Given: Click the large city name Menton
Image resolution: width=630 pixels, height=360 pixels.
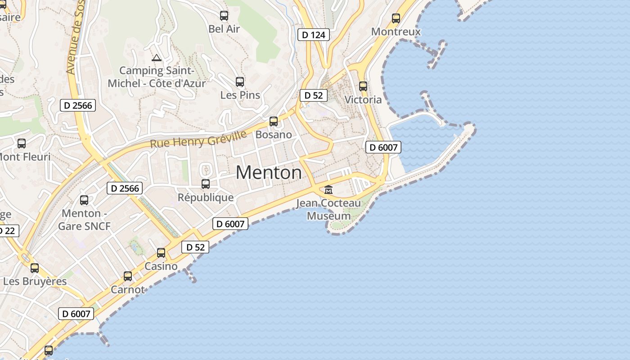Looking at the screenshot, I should coord(269,172).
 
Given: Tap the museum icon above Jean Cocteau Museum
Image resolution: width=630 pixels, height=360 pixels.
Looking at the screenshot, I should coord(328,189).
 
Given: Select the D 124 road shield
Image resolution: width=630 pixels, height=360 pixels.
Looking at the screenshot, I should coord(314,35).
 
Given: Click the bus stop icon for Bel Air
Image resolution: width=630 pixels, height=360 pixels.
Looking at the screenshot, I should coord(224,16).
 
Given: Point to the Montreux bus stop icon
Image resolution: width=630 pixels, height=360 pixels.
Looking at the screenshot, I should coord(396,18).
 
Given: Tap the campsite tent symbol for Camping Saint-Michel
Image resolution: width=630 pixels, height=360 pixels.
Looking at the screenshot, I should coord(157,58).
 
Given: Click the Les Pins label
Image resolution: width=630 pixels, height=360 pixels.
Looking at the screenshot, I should coord(240,95).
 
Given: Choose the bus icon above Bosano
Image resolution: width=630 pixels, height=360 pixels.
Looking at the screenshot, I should coord(274,121).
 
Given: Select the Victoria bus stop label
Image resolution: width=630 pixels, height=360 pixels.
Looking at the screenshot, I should coord(363,99).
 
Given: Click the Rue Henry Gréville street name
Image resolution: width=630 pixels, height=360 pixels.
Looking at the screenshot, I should coord(198,139).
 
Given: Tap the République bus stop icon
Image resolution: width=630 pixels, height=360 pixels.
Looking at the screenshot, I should coord(206,184).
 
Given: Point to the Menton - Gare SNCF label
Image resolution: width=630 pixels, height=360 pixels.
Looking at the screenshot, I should coord(84,220).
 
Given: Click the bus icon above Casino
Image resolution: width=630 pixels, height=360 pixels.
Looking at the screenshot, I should coord(161,253).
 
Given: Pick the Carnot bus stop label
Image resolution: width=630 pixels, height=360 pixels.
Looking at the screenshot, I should coord(128,289).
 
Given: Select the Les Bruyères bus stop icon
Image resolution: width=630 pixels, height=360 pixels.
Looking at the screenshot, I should coord(35,268).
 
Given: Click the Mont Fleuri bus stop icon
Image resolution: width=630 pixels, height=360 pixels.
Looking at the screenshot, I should coord(22,144).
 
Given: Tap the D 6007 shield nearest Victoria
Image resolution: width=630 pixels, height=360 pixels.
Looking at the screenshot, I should coord(383,147).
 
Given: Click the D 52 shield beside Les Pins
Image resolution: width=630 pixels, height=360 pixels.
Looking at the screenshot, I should coord(314,95).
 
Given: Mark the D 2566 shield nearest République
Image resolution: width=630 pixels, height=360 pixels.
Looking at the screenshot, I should coord(125,188).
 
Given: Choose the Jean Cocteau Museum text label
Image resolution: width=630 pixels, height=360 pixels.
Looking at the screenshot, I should coord(328,210).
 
